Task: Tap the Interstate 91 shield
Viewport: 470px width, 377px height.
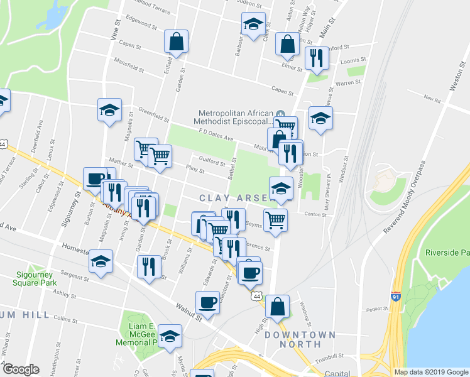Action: coord(396,295)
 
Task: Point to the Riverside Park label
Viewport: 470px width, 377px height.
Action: coord(447,253)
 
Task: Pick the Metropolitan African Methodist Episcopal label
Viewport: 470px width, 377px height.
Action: coord(234,117)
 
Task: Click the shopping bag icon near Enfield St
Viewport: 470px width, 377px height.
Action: coord(177,41)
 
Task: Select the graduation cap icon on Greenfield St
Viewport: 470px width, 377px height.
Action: coord(110,110)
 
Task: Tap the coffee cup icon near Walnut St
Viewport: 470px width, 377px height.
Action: coord(207,303)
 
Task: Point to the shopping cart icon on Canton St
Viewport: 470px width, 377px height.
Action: coord(275,219)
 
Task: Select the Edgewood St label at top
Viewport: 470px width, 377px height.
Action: coord(141,24)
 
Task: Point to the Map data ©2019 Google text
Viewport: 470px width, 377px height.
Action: coord(430,372)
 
